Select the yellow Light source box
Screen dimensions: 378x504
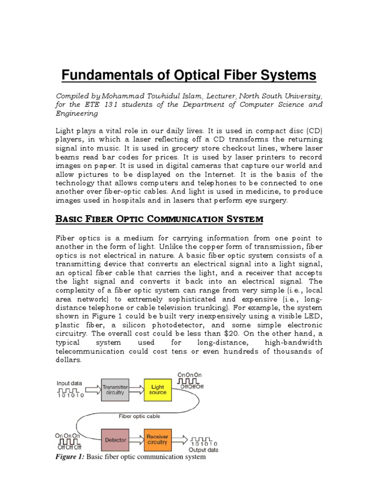click(x=158, y=389)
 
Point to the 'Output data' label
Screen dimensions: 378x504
click(x=204, y=449)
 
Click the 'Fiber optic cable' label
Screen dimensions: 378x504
click(x=139, y=416)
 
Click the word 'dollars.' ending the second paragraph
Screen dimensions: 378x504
click(x=69, y=360)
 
